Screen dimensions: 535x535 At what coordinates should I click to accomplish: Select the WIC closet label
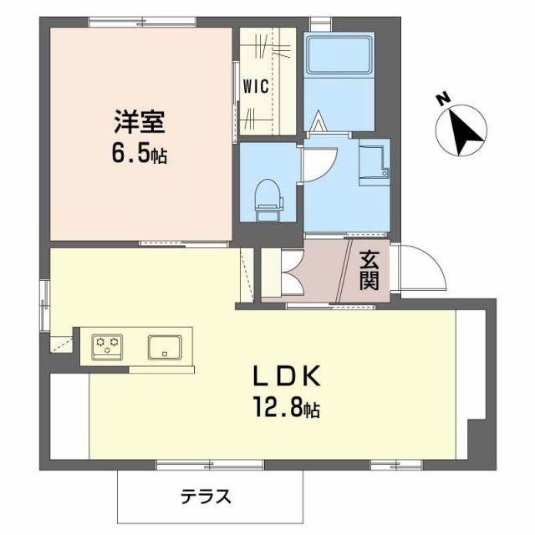tap(255, 86)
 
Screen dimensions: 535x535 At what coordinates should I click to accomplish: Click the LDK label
tap(287, 377)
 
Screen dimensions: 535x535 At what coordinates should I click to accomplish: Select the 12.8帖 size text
tap(287, 409)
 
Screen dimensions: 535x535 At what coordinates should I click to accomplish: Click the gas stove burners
tap(107, 344)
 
